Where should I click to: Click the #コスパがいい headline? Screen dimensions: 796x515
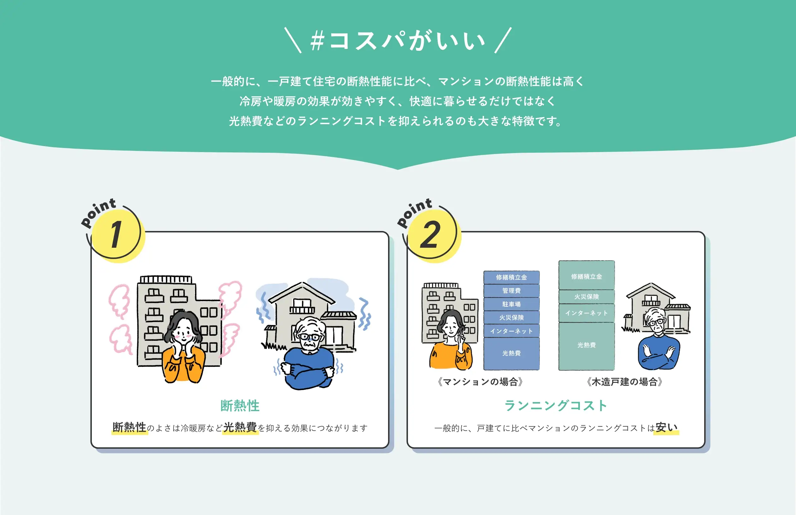pos(398,41)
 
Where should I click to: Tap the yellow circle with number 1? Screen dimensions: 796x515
pos(118,236)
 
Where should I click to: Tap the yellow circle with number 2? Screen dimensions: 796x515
pos(434,236)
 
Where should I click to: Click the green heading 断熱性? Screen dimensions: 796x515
pos(240,405)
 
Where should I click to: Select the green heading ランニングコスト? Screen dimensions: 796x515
pos(556,405)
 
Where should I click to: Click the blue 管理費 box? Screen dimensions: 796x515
pos(511,291)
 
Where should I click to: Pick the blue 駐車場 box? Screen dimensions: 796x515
pos(511,304)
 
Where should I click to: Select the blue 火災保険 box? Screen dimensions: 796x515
pos(511,317)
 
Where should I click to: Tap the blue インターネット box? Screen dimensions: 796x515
pos(511,331)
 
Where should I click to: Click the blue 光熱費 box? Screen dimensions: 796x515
pos(511,353)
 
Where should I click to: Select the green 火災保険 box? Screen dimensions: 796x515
pos(587,297)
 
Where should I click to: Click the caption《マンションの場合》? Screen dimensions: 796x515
pos(480,382)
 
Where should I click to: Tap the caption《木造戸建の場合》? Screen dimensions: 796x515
pos(624,382)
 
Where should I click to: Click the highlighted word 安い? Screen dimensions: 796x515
pos(667,427)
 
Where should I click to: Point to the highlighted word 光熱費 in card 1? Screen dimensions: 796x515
pos(240,427)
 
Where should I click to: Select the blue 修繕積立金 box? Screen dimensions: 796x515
pos(511,277)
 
